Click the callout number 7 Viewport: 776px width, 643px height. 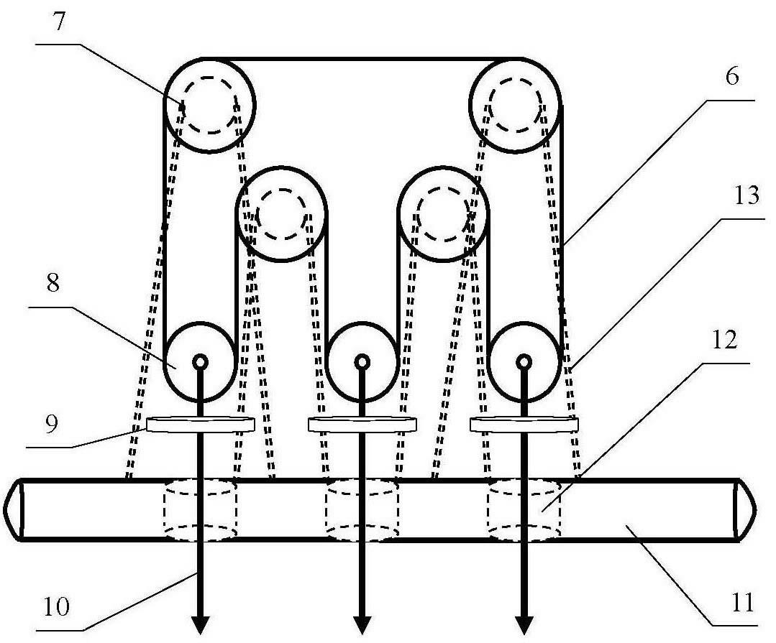(60, 22)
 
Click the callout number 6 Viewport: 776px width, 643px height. (732, 77)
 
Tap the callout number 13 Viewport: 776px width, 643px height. (746, 195)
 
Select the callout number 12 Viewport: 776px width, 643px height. (725, 340)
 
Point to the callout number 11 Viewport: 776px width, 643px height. (742, 603)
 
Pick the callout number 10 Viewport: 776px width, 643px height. (57, 606)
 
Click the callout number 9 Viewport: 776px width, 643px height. (51, 424)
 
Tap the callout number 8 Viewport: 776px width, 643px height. (53, 283)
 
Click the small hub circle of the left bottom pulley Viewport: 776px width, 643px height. (201, 363)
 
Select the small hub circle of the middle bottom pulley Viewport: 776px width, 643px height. (362, 363)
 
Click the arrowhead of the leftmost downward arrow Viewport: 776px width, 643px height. (201, 625)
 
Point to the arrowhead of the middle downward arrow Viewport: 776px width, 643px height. (362, 625)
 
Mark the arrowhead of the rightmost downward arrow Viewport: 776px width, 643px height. (524, 625)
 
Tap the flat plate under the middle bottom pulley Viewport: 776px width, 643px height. (362, 425)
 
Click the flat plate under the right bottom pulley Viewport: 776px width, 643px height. (524, 425)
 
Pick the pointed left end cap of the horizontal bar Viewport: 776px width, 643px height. (13, 509)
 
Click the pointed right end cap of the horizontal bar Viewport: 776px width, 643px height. (745, 509)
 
